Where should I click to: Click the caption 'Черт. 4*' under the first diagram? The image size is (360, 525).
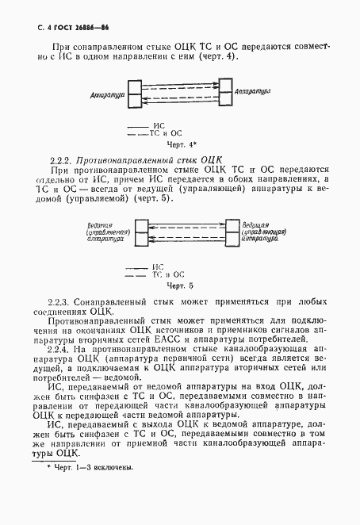[182, 146]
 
